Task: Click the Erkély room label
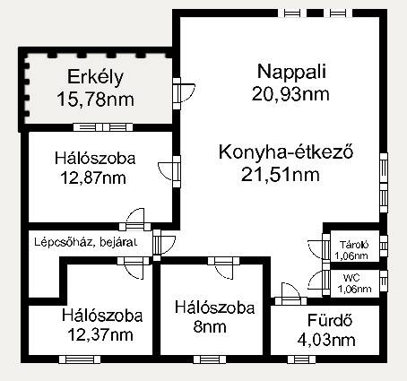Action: (95, 77)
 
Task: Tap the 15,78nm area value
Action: (95, 100)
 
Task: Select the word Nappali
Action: (291, 72)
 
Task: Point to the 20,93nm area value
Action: (290, 94)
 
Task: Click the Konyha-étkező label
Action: (286, 152)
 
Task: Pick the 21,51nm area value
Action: (281, 174)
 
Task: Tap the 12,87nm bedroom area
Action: (93, 178)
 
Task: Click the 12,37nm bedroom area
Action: (100, 334)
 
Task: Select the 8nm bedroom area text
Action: (210, 326)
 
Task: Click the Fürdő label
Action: (330, 320)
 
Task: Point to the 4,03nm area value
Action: (326, 340)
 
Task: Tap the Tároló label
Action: (354, 245)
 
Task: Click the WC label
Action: (351, 278)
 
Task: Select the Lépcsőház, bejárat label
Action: (86, 242)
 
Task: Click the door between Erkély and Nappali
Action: (182, 93)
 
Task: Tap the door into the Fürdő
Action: (290, 294)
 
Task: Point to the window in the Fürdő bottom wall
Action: (302, 359)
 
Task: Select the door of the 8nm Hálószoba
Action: (224, 267)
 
